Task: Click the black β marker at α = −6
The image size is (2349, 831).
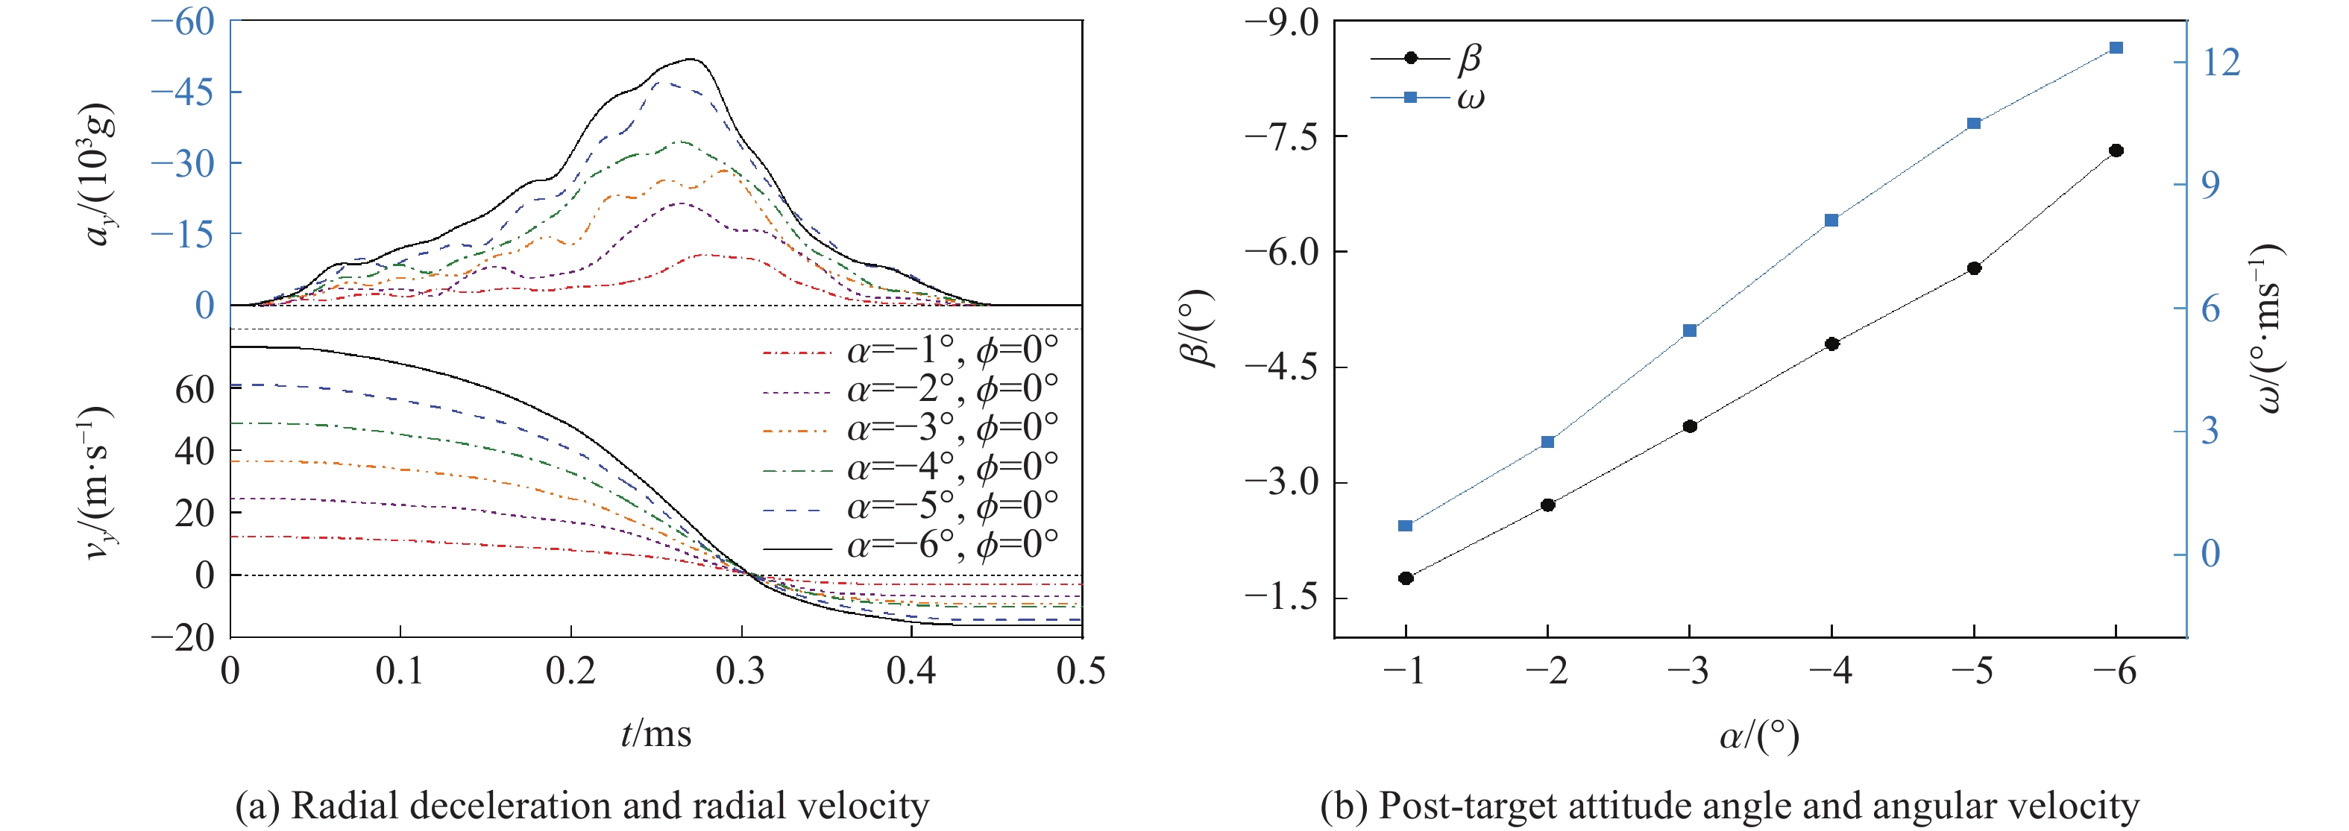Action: (x=2116, y=151)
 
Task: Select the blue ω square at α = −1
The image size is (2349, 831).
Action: (x=1405, y=525)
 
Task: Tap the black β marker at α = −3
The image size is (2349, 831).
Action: (x=1690, y=426)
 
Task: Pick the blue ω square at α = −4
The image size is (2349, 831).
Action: (x=1832, y=221)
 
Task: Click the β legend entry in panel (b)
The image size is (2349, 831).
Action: (x=1427, y=58)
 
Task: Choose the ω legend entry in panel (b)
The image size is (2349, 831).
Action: (x=1427, y=98)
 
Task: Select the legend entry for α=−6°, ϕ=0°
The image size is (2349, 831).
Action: (x=910, y=546)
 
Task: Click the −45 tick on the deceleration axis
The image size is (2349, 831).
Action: (x=183, y=92)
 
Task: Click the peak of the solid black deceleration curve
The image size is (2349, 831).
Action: (x=692, y=59)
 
